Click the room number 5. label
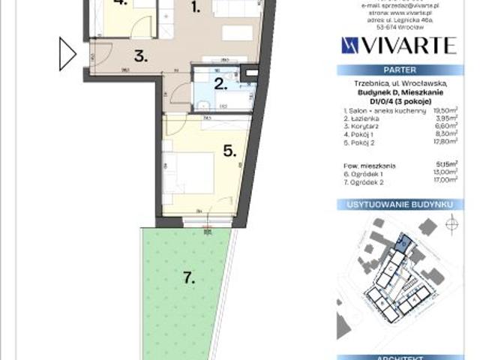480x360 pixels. click(229, 150)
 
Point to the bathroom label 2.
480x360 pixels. click(220, 83)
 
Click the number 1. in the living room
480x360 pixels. click(195, 9)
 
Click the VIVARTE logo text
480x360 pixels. click(398, 45)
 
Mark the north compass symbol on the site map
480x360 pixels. click(451, 224)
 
